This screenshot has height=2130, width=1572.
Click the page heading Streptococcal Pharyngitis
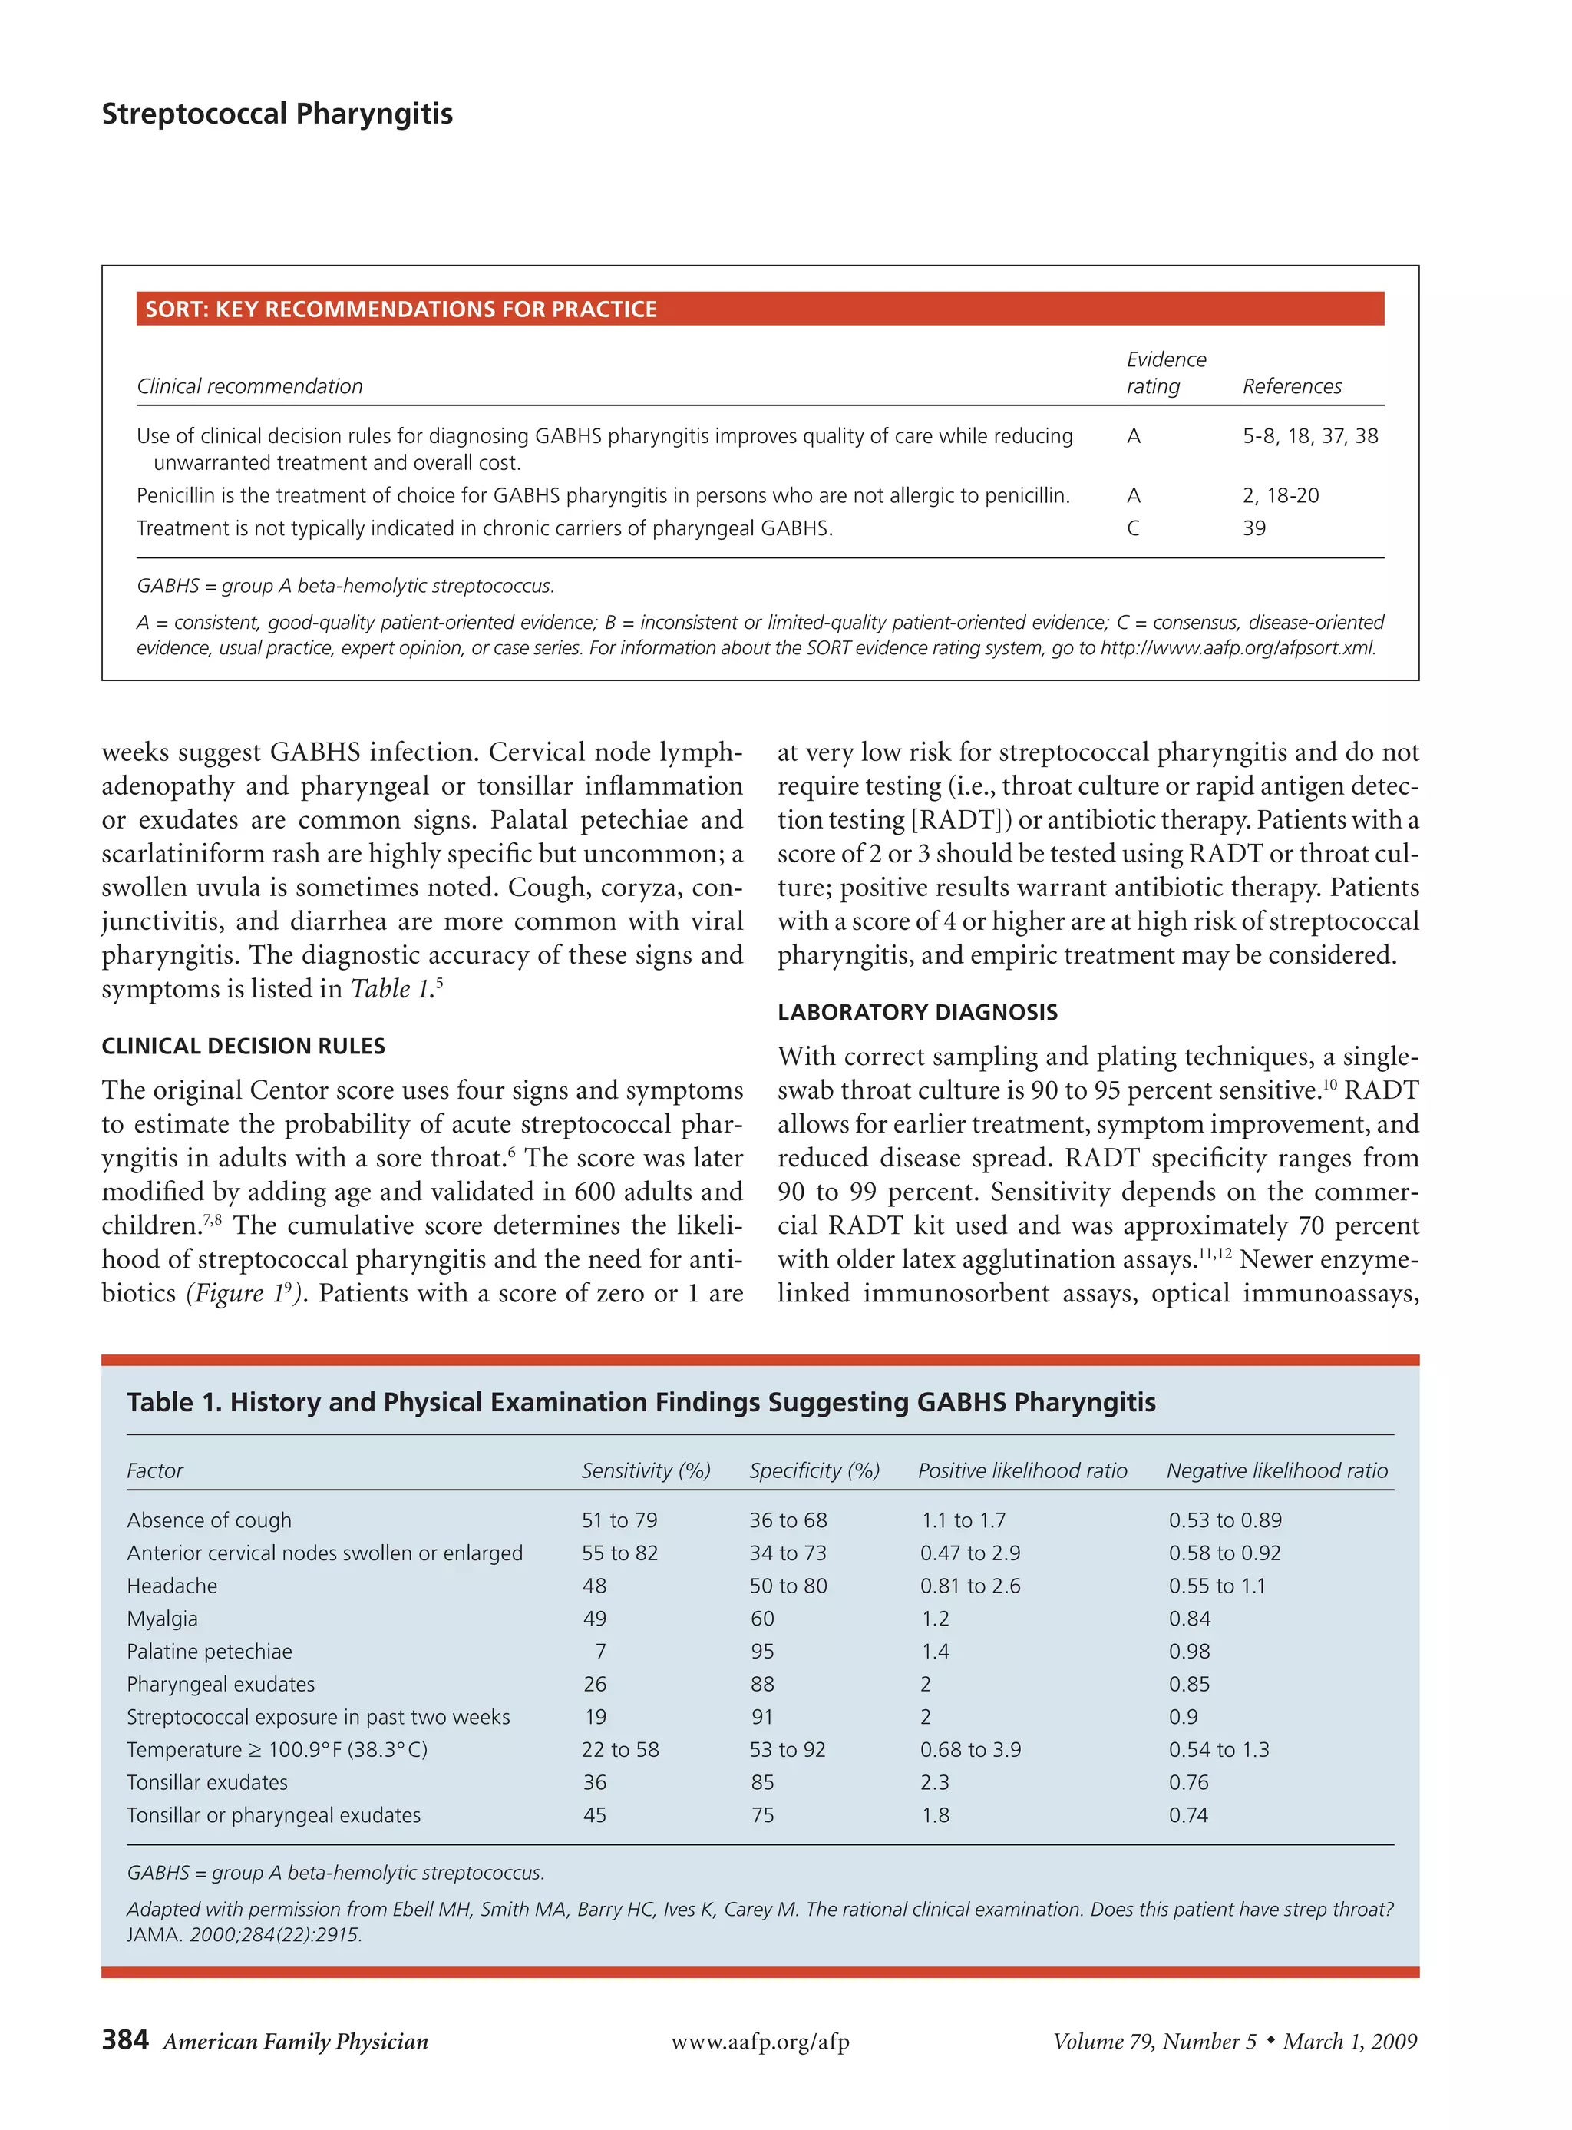pyautogui.click(x=277, y=114)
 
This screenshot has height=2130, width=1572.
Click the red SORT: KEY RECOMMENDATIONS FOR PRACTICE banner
pyautogui.click(x=759, y=309)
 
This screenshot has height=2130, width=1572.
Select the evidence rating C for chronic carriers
pyautogui.click(x=1132, y=528)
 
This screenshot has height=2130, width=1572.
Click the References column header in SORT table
pyautogui.click(x=1291, y=386)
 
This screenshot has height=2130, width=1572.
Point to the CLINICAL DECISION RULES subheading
pyautogui.click(x=243, y=1046)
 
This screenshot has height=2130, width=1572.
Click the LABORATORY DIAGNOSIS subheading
pyautogui.click(x=916, y=1013)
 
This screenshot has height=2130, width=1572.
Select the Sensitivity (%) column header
pyautogui.click(x=646, y=1470)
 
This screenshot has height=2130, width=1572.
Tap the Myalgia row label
pyautogui.click(x=162, y=1619)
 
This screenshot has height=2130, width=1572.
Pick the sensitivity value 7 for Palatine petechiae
pyautogui.click(x=599, y=1652)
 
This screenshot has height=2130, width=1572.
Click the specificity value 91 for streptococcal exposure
pyautogui.click(x=761, y=1717)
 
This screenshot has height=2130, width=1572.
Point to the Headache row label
pyautogui.click(x=171, y=1586)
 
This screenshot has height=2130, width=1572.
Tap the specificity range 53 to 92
pyautogui.click(x=787, y=1749)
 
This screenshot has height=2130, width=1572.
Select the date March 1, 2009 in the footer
pyautogui.click(x=1349, y=2042)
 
